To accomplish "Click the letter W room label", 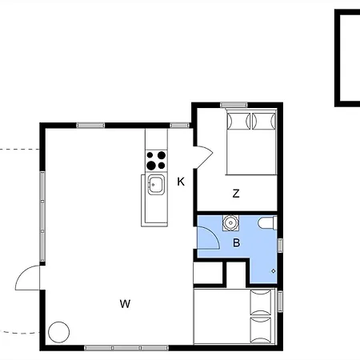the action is (125, 304).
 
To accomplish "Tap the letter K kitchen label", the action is (181, 182).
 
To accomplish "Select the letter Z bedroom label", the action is (236, 194).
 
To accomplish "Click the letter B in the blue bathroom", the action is (236, 243).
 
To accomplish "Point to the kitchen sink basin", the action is (156, 185).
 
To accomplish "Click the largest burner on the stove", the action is (151, 166).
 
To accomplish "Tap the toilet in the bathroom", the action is (267, 223).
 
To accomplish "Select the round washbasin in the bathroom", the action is (230, 222).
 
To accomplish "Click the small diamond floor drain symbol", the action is (274, 271).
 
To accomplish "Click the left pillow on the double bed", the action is (238, 122).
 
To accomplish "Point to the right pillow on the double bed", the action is (264, 122).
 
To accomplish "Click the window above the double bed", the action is (234, 105).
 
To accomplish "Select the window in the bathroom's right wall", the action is (280, 246).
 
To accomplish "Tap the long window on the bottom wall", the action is (126, 348).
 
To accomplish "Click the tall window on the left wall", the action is (42, 216).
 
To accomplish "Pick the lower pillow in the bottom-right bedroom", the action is (261, 330).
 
